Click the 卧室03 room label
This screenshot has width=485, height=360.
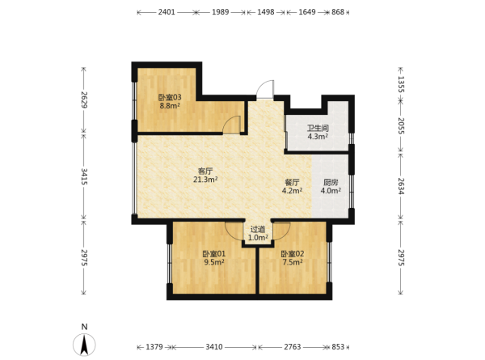(x=170, y=97)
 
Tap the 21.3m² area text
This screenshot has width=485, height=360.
(x=205, y=180)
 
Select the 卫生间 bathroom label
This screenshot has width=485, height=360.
(x=318, y=128)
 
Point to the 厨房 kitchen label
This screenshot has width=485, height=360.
(x=331, y=182)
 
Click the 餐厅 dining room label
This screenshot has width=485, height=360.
(x=292, y=182)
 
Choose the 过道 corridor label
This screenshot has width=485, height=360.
(x=258, y=230)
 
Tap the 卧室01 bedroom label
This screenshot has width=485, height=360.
(x=214, y=254)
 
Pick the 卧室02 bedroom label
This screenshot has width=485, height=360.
(x=293, y=254)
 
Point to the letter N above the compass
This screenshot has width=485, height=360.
(x=84, y=327)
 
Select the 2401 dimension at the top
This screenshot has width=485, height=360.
(x=167, y=12)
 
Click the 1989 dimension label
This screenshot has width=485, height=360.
(x=220, y=12)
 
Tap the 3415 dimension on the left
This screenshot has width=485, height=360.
(x=84, y=176)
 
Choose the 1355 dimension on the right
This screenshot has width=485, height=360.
(x=401, y=84)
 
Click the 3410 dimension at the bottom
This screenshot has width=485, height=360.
(x=214, y=347)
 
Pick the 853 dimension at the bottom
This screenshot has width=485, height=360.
(x=338, y=347)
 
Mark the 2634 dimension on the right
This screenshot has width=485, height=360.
(x=401, y=186)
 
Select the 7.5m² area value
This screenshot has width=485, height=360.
(x=293, y=262)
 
